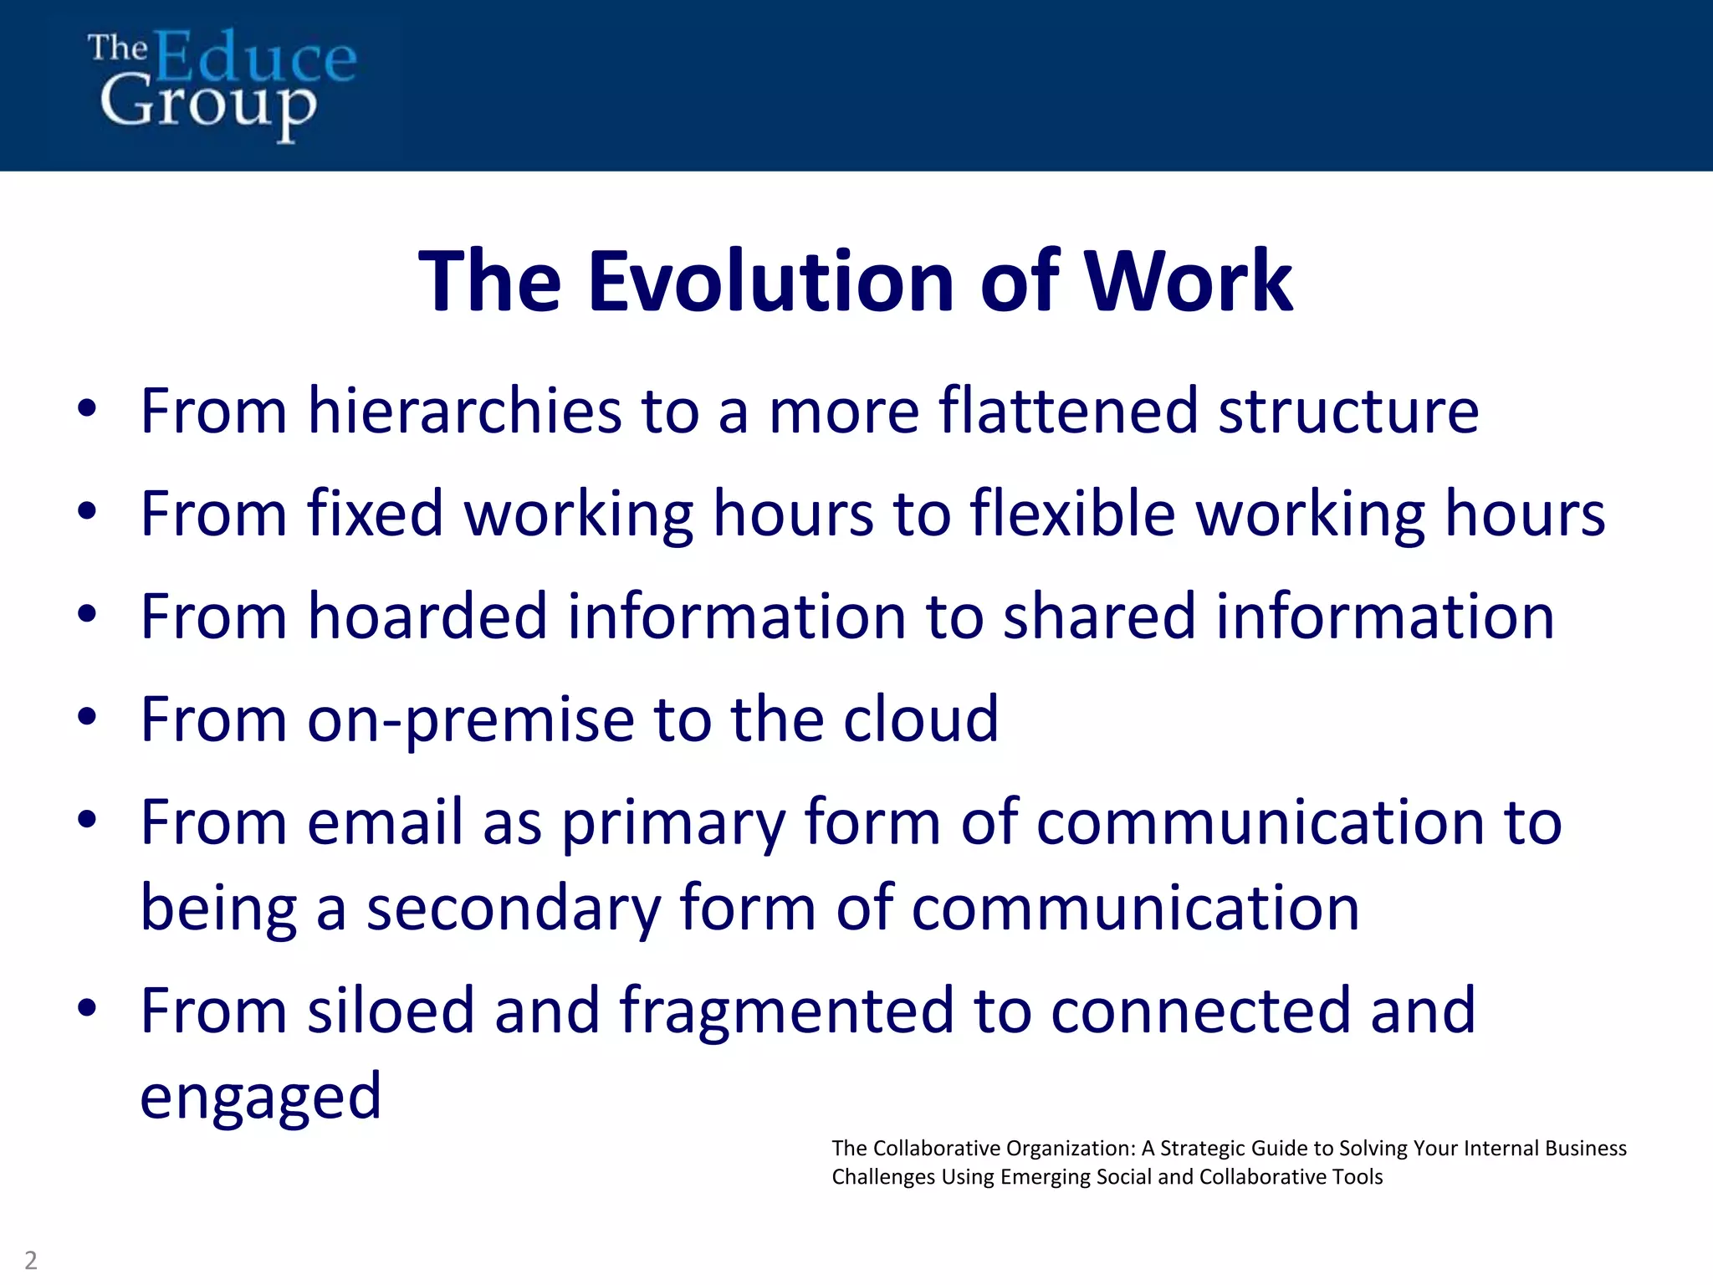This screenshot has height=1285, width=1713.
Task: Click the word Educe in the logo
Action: [255, 57]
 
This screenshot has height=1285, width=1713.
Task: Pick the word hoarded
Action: [427, 617]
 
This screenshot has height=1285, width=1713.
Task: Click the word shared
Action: [1099, 617]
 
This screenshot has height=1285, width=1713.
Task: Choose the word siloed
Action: [391, 1011]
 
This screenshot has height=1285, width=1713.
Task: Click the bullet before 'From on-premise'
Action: [87, 718]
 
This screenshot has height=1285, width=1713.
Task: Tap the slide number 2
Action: [31, 1260]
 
